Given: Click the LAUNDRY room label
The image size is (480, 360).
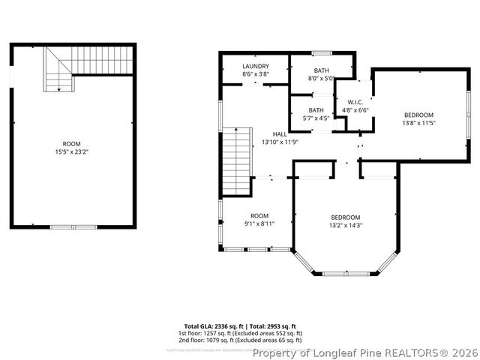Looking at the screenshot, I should click(x=256, y=66).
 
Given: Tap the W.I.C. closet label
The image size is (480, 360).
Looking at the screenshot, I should click(x=355, y=102).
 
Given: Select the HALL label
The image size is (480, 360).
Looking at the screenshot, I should click(x=280, y=133).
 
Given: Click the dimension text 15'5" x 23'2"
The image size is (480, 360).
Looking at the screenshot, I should click(x=71, y=151).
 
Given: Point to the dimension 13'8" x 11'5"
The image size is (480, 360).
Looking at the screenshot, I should click(x=418, y=122).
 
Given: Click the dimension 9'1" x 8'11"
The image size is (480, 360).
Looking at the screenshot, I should click(x=259, y=223).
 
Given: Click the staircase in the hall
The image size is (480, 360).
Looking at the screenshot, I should click(x=235, y=160).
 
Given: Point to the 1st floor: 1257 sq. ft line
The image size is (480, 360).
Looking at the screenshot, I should click(x=239, y=333).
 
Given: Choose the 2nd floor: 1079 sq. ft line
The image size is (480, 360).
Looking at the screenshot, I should click(x=239, y=340).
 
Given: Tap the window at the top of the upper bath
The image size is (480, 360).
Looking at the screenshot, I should click(x=322, y=52).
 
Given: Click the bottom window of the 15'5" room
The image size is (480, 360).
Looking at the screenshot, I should click(x=73, y=226).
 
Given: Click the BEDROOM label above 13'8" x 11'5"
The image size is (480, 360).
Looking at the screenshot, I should click(x=418, y=115).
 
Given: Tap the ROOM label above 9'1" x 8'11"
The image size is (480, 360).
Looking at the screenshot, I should click(x=259, y=216).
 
